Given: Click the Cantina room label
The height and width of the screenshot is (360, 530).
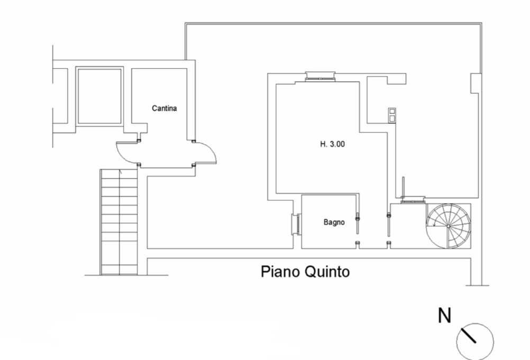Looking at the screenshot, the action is click(x=165, y=108).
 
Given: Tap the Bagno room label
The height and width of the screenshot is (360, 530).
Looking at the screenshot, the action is click(x=334, y=222).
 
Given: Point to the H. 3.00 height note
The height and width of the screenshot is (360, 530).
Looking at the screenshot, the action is click(x=332, y=144).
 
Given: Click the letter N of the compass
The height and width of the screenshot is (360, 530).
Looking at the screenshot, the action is click(x=444, y=316).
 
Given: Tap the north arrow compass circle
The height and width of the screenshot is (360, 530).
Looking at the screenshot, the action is click(x=475, y=341).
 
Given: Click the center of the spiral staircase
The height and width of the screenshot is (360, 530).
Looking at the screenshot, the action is click(x=448, y=226).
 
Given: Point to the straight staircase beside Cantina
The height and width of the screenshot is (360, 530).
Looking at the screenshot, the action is click(x=119, y=222).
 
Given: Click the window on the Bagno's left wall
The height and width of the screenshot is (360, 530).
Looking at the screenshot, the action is click(x=296, y=224).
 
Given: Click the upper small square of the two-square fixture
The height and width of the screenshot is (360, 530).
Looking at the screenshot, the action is click(x=392, y=111).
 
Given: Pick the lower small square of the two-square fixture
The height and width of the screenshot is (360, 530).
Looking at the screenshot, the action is click(x=392, y=118).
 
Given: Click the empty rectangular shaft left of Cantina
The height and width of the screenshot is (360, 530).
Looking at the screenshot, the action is click(x=99, y=96).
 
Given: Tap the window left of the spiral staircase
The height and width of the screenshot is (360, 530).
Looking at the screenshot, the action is click(x=413, y=200).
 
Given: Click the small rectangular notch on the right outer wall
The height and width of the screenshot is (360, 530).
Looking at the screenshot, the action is click(x=475, y=83).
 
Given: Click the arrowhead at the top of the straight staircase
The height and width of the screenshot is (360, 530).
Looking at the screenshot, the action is click(x=120, y=172).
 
